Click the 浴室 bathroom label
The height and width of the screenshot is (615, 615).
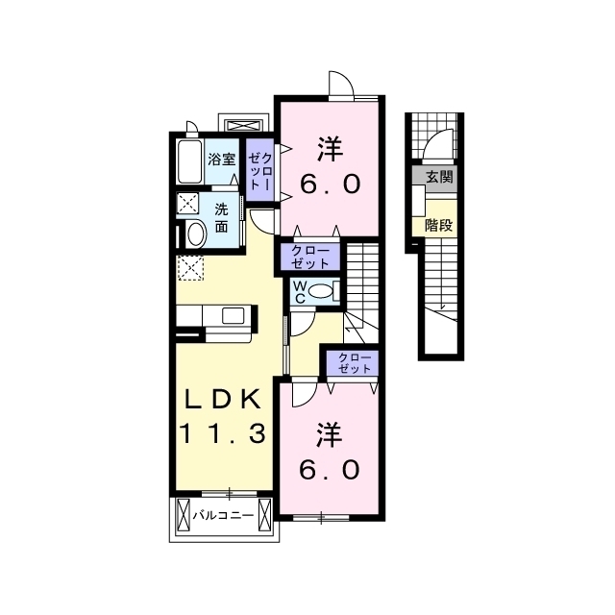[222, 160]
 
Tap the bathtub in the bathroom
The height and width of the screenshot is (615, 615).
[190, 161]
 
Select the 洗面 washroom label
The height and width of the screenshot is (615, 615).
[221, 218]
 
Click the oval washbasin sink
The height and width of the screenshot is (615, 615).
[196, 234]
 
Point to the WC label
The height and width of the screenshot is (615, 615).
[300, 292]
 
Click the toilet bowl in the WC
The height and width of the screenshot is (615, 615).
[320, 291]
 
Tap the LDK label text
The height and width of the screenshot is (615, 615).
[223, 400]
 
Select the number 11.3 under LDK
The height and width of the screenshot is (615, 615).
[223, 433]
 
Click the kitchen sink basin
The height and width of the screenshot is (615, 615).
[233, 316]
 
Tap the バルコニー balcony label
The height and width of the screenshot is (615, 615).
[223, 515]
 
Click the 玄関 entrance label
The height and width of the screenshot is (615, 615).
[439, 177]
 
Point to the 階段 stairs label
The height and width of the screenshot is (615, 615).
[439, 226]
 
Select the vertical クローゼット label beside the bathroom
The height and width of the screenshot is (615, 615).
[260, 171]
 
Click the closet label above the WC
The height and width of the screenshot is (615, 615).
[310, 257]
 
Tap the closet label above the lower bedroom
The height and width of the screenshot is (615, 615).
[355, 363]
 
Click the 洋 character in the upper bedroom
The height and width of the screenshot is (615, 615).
[330, 149]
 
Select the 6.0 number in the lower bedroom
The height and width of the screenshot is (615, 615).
[329, 470]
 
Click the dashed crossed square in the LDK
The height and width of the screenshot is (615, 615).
[190, 268]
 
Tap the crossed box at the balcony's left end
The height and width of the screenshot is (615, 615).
[184, 515]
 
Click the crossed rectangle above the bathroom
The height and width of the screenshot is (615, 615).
[243, 126]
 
